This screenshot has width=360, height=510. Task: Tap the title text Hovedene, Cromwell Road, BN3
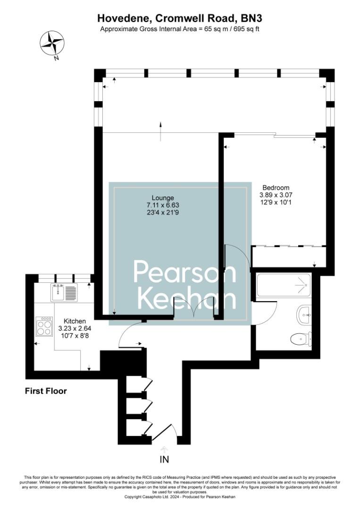point(180,18)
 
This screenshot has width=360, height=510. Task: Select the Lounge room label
point(163,197)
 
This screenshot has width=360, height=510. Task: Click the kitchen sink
point(64,292)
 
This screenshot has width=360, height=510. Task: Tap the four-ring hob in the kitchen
point(44,325)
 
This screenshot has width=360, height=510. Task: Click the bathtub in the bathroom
point(284,286)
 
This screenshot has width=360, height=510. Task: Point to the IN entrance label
point(164,459)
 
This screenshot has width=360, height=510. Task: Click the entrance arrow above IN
point(164,449)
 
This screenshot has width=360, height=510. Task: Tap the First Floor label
point(46,391)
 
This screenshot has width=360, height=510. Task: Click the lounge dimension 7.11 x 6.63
point(163,205)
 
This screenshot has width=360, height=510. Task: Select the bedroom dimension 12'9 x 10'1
point(275,202)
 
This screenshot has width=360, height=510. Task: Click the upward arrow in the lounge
point(161,131)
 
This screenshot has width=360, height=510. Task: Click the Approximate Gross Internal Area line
point(180,29)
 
